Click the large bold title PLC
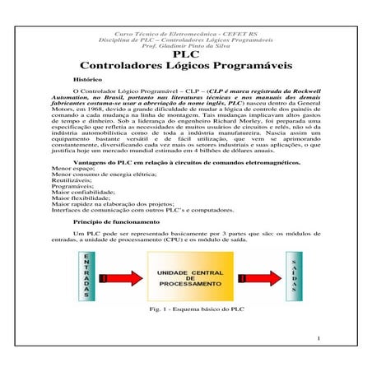tap(186, 55)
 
